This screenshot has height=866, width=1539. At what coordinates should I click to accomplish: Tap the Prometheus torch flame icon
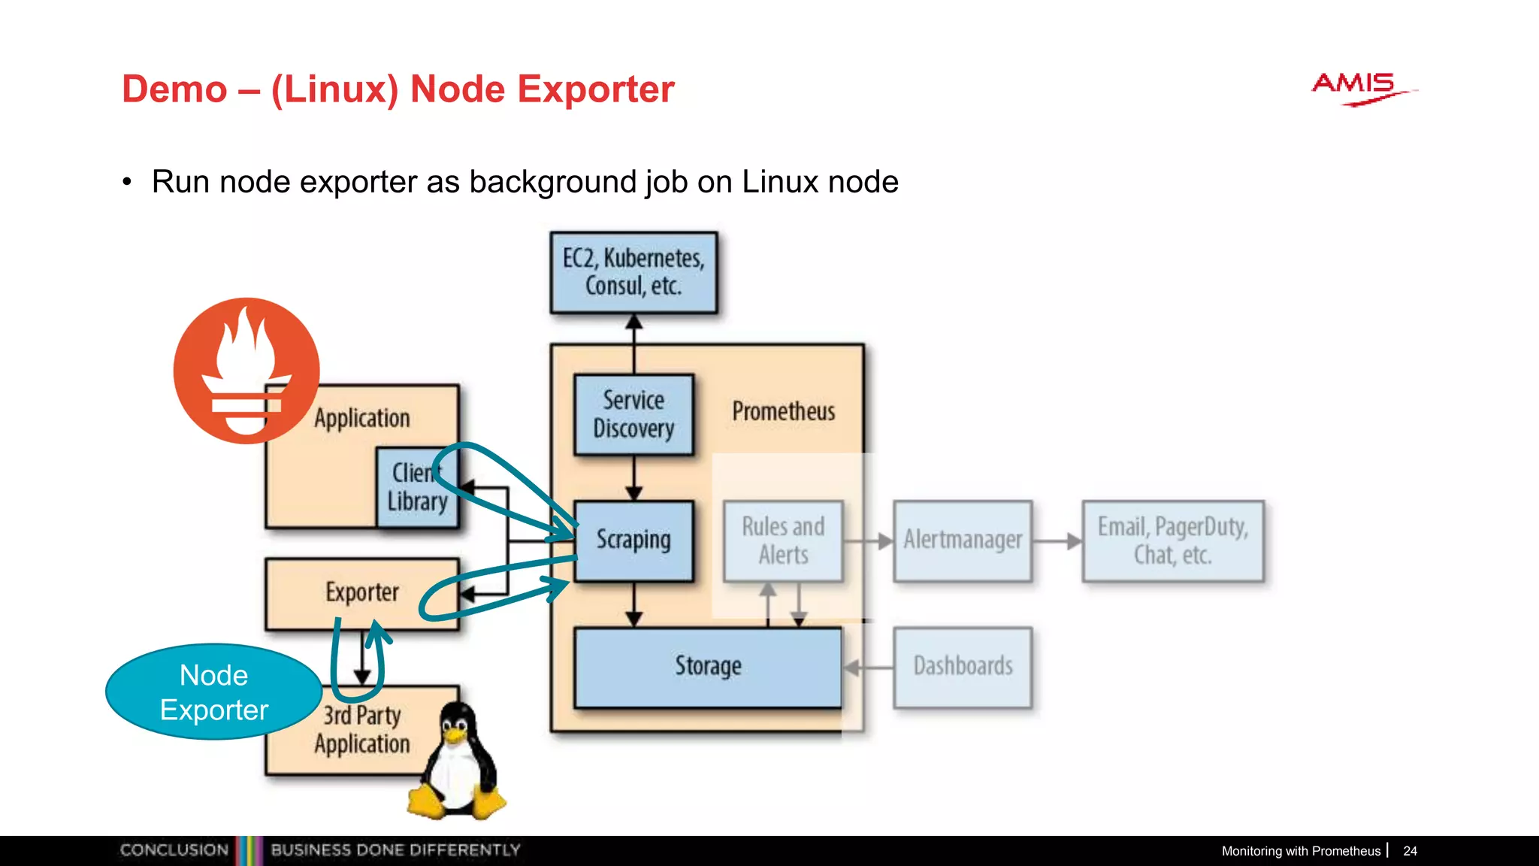(x=246, y=370)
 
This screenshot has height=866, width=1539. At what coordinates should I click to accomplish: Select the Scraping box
(x=633, y=540)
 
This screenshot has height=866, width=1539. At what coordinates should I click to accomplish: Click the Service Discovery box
(x=633, y=414)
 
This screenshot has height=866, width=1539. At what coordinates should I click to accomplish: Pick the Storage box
(x=707, y=667)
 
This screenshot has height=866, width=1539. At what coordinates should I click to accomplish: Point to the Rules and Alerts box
(x=783, y=540)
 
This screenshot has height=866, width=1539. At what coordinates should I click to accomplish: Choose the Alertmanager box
(x=963, y=540)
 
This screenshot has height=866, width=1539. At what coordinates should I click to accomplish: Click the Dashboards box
(x=963, y=667)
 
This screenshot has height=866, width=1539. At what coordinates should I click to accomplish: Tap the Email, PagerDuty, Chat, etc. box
(x=1172, y=540)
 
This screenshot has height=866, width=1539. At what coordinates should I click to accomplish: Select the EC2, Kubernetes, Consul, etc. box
(x=633, y=272)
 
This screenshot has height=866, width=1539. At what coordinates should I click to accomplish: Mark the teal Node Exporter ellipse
(x=214, y=692)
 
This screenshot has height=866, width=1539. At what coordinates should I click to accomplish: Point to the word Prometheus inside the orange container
(x=783, y=411)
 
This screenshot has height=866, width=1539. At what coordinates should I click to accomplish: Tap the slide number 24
(x=1410, y=851)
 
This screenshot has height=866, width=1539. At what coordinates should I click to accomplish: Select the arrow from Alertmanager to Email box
(x=1057, y=540)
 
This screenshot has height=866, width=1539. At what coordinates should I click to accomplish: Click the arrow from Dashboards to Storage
(x=868, y=667)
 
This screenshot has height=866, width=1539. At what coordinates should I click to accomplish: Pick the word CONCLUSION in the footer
(x=174, y=850)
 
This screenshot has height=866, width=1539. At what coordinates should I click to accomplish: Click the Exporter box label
(x=361, y=592)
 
